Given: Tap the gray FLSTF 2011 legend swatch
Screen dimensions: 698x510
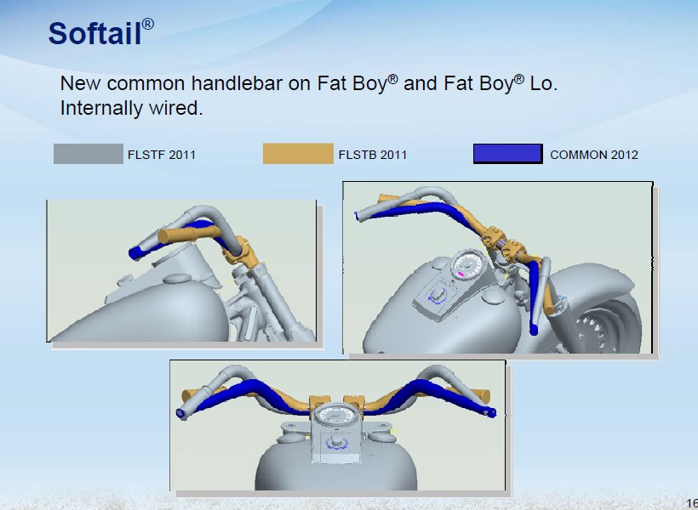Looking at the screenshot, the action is pos(89,154).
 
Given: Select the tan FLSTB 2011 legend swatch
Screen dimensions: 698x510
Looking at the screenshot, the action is pos(298,154).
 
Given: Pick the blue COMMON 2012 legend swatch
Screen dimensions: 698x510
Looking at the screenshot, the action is pos(508,154).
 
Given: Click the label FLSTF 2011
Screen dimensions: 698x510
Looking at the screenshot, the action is pos(162,155).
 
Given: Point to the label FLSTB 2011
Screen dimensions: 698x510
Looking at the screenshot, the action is pos(373,155).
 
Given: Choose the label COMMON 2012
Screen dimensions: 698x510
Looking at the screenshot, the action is pos(594,155).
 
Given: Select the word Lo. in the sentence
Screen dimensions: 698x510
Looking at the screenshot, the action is pos(543,83).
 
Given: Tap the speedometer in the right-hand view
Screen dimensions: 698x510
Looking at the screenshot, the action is pos(467,264).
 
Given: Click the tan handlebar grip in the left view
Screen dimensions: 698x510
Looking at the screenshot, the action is pos(189,235).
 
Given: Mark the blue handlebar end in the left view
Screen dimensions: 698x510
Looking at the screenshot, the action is pos(135,253).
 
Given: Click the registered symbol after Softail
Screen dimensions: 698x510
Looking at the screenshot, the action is pos(148,24).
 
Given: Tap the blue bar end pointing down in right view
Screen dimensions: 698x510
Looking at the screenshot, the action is pos(534,330).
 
